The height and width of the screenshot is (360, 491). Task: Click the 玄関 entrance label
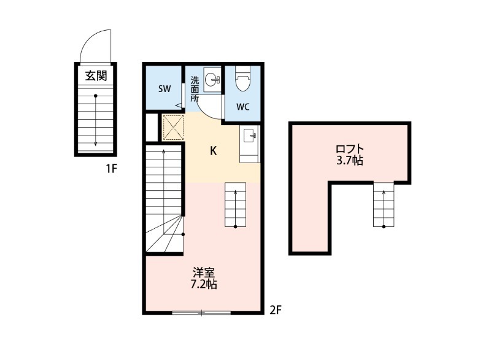96,76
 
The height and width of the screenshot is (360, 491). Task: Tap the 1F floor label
110,168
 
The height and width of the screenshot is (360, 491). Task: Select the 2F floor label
276,310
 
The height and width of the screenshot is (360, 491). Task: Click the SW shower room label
164,89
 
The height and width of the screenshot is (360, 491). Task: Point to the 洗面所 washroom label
195,88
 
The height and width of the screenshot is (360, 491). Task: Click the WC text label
242,107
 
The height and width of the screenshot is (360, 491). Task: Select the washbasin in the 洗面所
212,80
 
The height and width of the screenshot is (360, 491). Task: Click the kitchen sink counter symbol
249,145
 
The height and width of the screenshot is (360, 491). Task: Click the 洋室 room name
204,272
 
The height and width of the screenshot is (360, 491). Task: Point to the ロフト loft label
350,149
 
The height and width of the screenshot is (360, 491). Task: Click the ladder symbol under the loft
384,205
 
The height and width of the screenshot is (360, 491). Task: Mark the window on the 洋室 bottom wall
201,313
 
